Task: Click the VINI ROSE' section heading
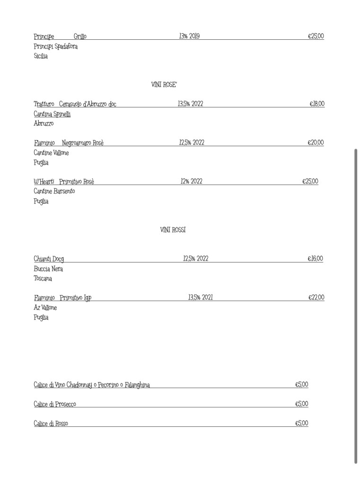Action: point(164,85)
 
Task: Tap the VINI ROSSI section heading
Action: point(173,230)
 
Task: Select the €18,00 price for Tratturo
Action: point(317,104)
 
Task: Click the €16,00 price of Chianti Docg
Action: point(315,259)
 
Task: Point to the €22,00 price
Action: point(316,298)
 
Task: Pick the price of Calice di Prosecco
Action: point(301,404)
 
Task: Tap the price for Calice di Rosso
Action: point(301,423)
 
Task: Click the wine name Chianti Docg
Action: point(49,259)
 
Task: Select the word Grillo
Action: point(80,36)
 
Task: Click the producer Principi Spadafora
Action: point(56,46)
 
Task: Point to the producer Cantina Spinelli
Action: point(52,114)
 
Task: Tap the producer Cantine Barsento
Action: point(54,191)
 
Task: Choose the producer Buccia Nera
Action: point(48,269)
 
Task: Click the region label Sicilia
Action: point(41,56)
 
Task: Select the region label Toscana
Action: point(43,279)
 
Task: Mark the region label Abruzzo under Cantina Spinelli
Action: point(44,123)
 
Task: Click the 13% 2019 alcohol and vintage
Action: point(189,36)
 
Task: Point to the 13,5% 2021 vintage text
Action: point(200,298)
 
